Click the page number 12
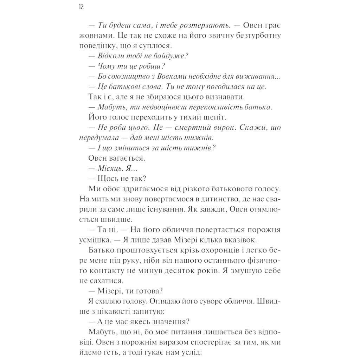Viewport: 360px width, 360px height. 81,8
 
